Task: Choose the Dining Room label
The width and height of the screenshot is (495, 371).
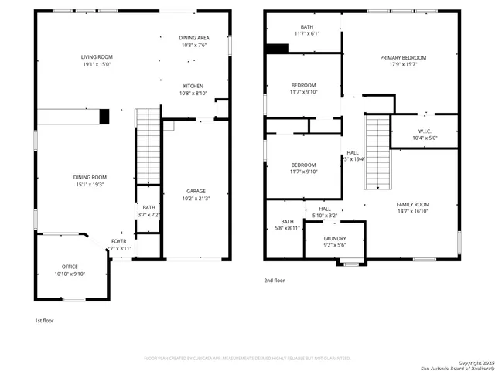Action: pos(90,181)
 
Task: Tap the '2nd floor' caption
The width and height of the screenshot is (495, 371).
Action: pos(274,281)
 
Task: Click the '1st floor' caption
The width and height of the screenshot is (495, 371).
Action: pos(44,320)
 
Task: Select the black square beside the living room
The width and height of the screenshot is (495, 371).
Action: pos(104,117)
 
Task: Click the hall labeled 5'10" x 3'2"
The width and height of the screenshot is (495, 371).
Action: pos(324,212)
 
